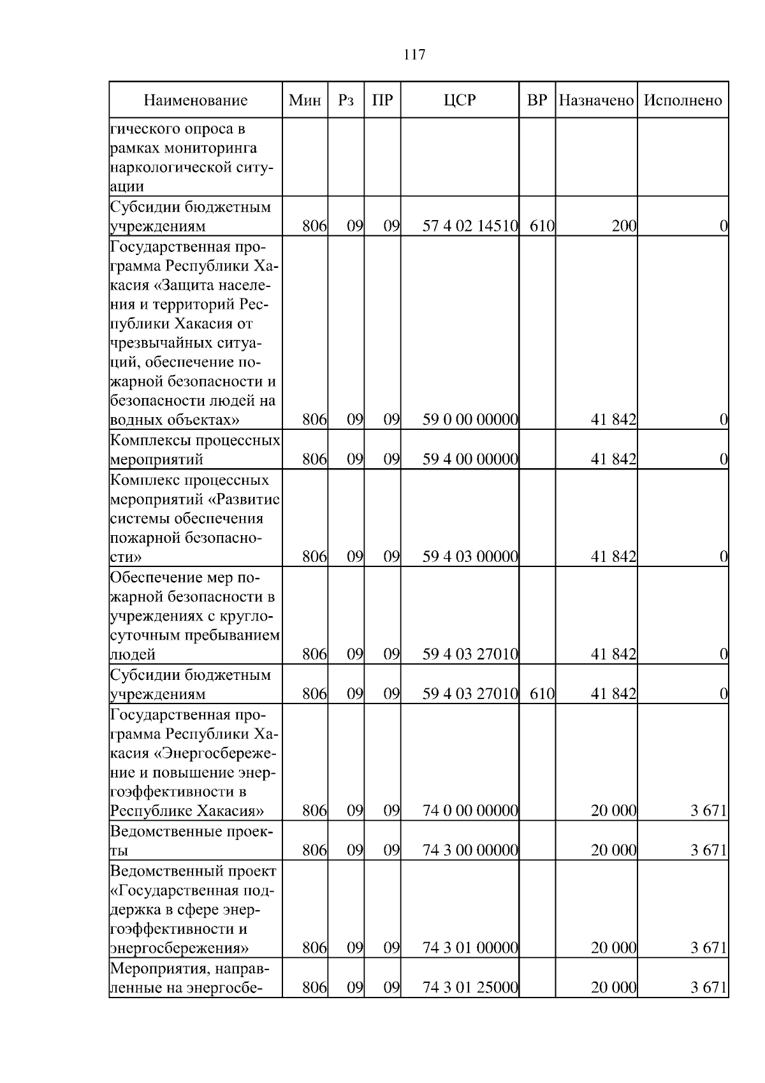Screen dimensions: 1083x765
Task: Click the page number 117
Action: [414, 55]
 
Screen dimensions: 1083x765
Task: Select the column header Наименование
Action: [195, 100]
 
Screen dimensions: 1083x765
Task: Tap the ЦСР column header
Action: [460, 100]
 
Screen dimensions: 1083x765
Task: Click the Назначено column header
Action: [596, 100]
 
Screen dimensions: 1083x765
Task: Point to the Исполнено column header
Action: [683, 100]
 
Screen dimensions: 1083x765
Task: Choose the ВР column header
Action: [537, 100]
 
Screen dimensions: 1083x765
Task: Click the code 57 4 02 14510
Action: [470, 225]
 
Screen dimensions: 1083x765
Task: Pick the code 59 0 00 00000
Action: [470, 420]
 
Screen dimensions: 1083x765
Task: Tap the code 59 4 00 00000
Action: [470, 459]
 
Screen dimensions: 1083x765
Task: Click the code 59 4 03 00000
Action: [470, 556]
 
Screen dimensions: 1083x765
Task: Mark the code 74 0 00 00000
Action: [470, 811]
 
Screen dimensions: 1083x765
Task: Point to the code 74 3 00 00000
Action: [470, 850]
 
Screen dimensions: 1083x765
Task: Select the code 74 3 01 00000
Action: [470, 947]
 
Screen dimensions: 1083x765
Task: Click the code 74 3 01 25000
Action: [470, 987]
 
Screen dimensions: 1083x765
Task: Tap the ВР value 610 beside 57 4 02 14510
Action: [541, 225]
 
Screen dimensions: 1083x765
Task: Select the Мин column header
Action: [305, 100]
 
